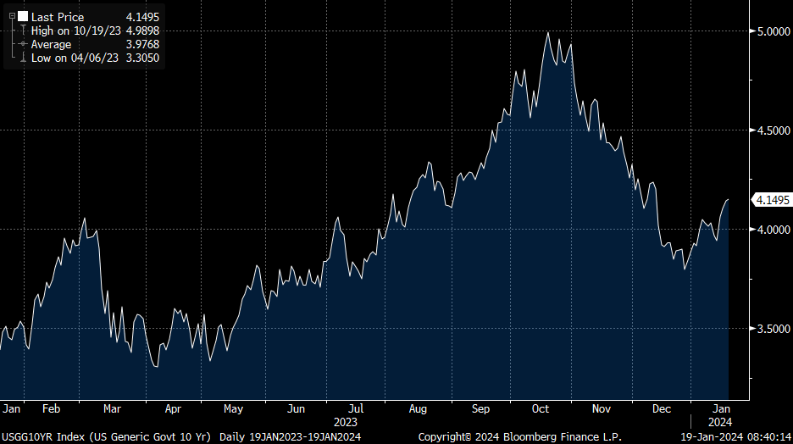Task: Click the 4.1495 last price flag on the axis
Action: click(772, 200)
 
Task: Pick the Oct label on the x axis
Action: click(541, 408)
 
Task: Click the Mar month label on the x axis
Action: click(112, 408)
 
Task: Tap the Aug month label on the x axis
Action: click(418, 408)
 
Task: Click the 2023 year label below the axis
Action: click(346, 421)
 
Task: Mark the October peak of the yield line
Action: click(548, 33)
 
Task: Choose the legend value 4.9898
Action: click(141, 31)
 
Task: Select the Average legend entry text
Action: click(51, 44)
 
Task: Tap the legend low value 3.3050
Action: click(141, 58)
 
